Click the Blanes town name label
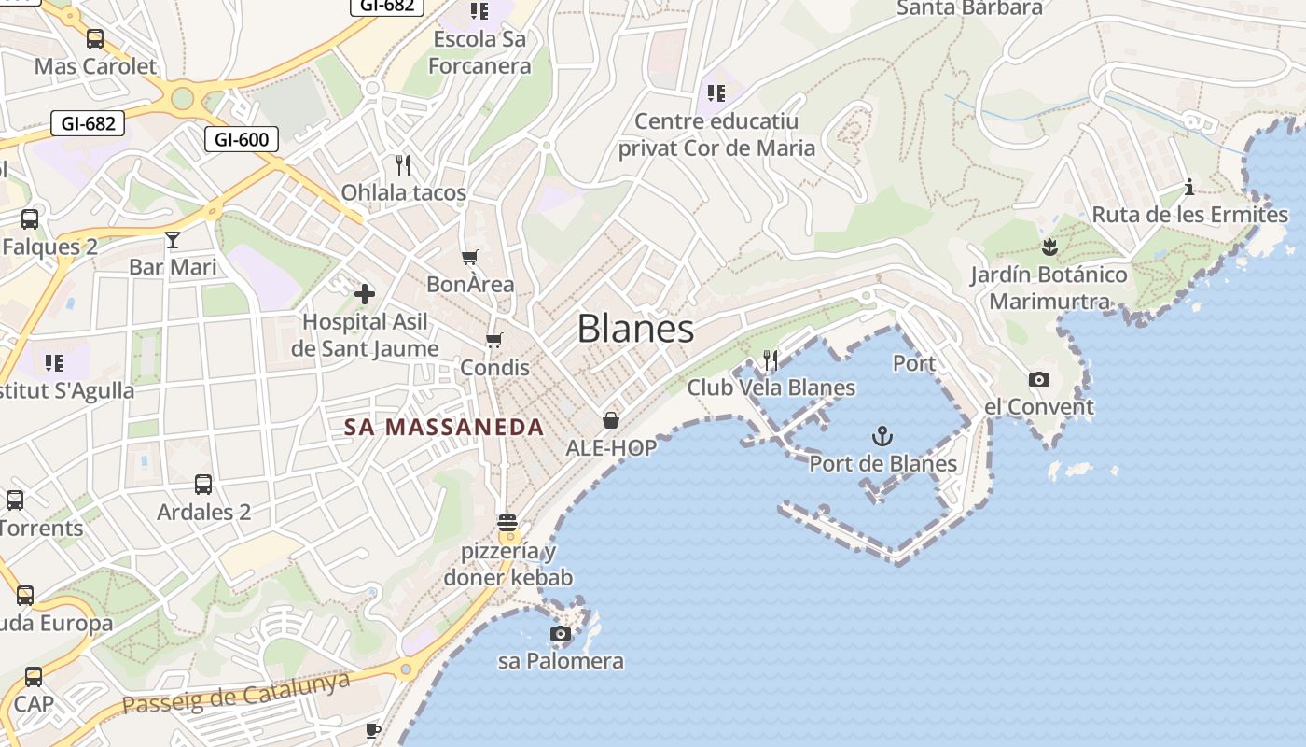click(x=635, y=329)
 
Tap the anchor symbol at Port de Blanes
click(x=882, y=435)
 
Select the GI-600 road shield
click(x=242, y=140)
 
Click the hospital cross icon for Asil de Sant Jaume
click(x=364, y=294)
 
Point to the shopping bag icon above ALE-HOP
click(x=611, y=420)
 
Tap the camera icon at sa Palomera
click(x=561, y=634)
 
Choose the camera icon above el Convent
click(x=1038, y=379)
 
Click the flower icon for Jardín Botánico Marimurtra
click(x=1049, y=247)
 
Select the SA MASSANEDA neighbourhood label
click(x=444, y=428)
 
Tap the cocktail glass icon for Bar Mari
click(x=173, y=240)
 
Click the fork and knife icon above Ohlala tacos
click(x=403, y=165)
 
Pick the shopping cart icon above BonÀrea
click(x=470, y=257)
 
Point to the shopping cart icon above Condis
click(x=494, y=340)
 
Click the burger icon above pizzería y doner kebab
click(x=507, y=523)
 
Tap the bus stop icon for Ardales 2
click(x=203, y=485)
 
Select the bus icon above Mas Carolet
click(x=95, y=39)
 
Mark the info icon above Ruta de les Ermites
click(x=1189, y=188)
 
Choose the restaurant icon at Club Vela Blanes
click(x=771, y=359)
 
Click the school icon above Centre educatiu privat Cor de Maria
click(x=716, y=93)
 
